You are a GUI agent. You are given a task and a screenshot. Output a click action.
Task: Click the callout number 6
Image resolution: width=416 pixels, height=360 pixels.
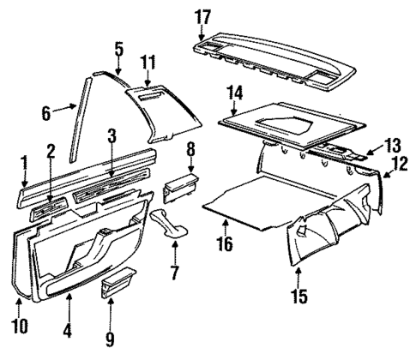(47, 109)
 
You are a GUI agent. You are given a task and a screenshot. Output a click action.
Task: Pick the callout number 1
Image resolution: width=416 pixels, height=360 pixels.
(23, 160)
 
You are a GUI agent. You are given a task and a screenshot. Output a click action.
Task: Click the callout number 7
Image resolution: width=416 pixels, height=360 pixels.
(176, 274)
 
